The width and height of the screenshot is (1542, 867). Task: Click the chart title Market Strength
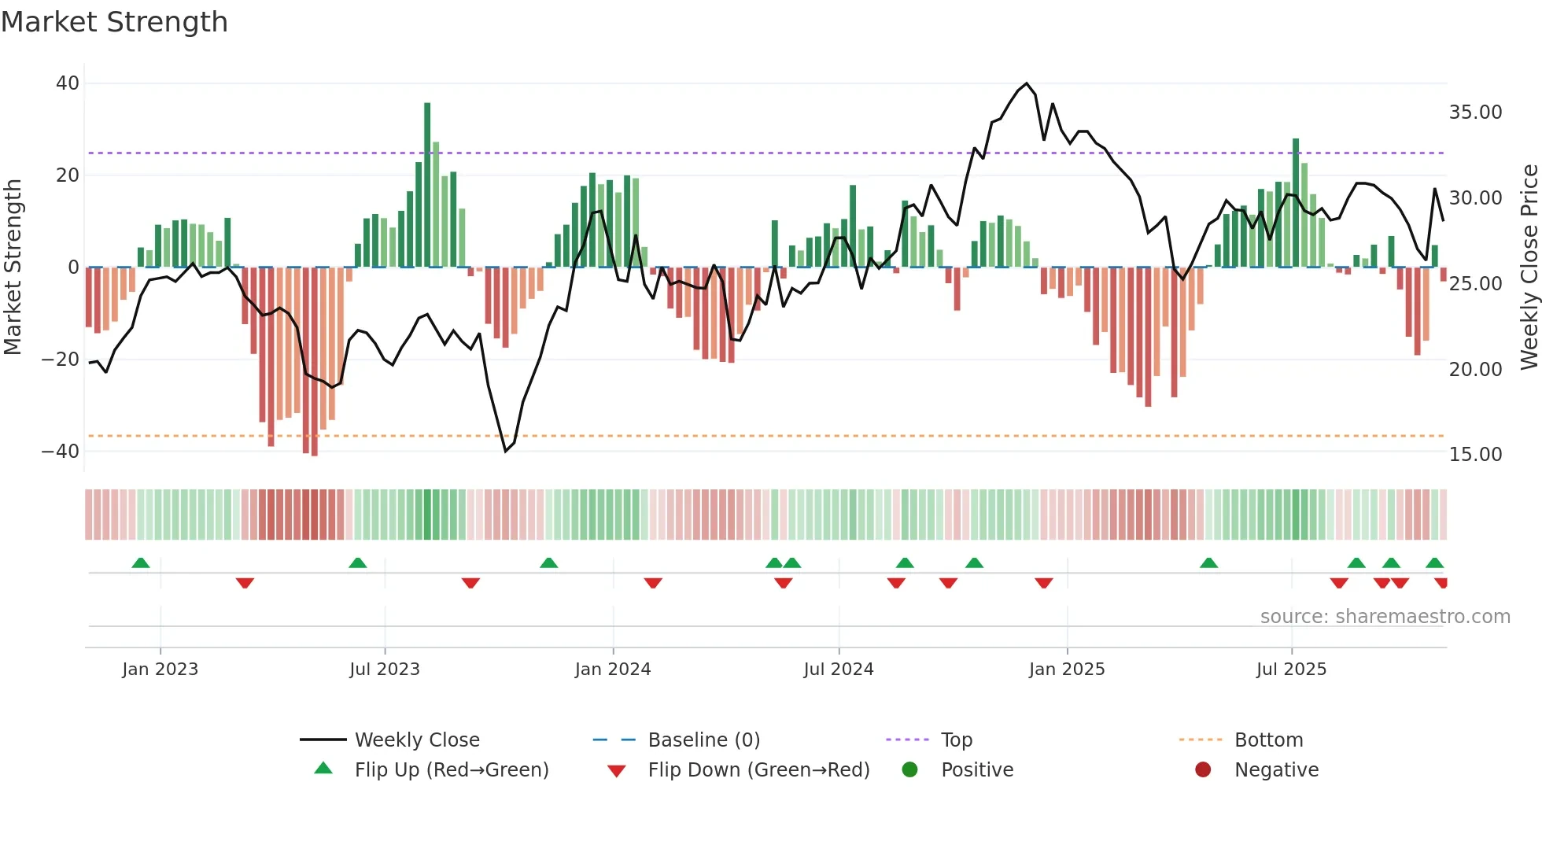coord(114,22)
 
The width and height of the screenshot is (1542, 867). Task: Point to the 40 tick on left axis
coord(68,83)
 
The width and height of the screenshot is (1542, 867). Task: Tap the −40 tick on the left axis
coord(61,452)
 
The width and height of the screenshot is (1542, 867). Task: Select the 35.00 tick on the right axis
coord(1475,113)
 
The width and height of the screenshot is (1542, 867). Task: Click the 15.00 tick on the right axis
coord(1475,455)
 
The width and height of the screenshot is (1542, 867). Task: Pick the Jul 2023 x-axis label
coord(385,670)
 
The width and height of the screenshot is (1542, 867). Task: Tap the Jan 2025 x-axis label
coord(1066,670)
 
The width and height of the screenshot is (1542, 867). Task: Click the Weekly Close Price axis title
coord(1529,267)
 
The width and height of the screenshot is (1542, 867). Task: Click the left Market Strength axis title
coord(13,267)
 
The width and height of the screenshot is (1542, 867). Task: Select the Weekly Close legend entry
coord(416,740)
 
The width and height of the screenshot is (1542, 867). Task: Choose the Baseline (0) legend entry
coord(703,740)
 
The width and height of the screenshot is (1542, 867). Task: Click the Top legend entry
coord(956,740)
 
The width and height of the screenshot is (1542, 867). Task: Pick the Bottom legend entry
coord(1268,740)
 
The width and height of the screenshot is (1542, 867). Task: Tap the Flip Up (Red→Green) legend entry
coord(451,770)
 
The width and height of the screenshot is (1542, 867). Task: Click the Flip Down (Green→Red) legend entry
coord(758,770)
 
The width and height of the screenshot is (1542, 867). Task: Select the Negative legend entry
coord(1276,770)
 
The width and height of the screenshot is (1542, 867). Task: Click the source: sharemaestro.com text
coord(1385,617)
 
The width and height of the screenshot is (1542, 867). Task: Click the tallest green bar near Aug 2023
coord(427,185)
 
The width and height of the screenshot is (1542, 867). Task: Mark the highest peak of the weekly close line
coord(1027,83)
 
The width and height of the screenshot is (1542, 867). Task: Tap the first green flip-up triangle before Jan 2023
coord(141,563)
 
